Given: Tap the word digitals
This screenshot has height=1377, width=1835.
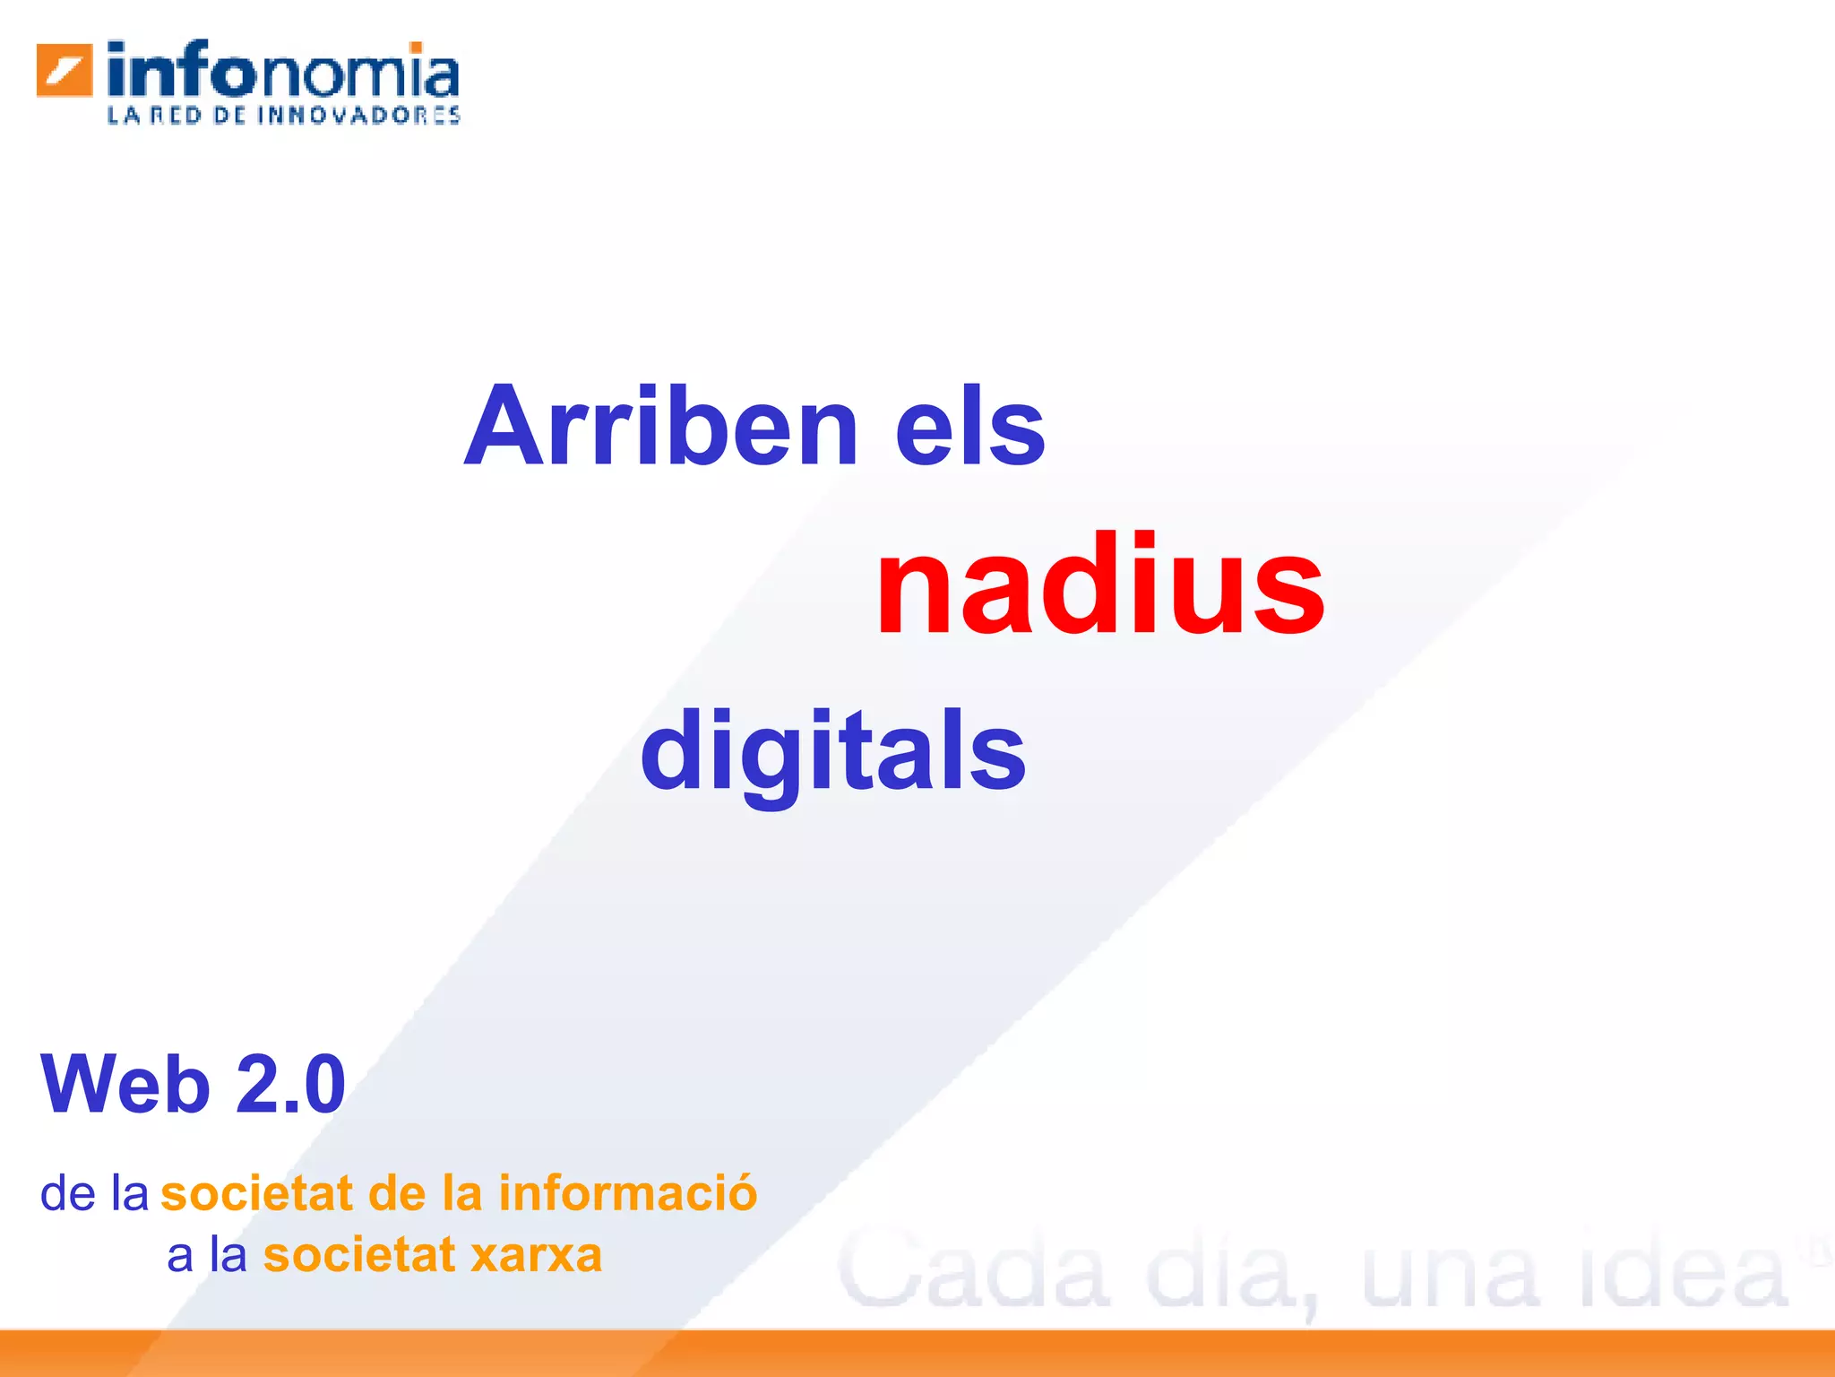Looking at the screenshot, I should coord(833,751).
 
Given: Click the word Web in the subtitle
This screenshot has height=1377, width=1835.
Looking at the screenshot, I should coord(125,1085).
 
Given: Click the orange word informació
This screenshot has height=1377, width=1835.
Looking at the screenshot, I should coord(628,1193).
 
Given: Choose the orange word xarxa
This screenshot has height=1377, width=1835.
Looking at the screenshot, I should coord(537,1255).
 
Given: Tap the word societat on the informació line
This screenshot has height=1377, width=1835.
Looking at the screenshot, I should coord(257,1193).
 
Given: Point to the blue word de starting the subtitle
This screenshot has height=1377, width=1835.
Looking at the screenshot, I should coord(68,1193).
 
